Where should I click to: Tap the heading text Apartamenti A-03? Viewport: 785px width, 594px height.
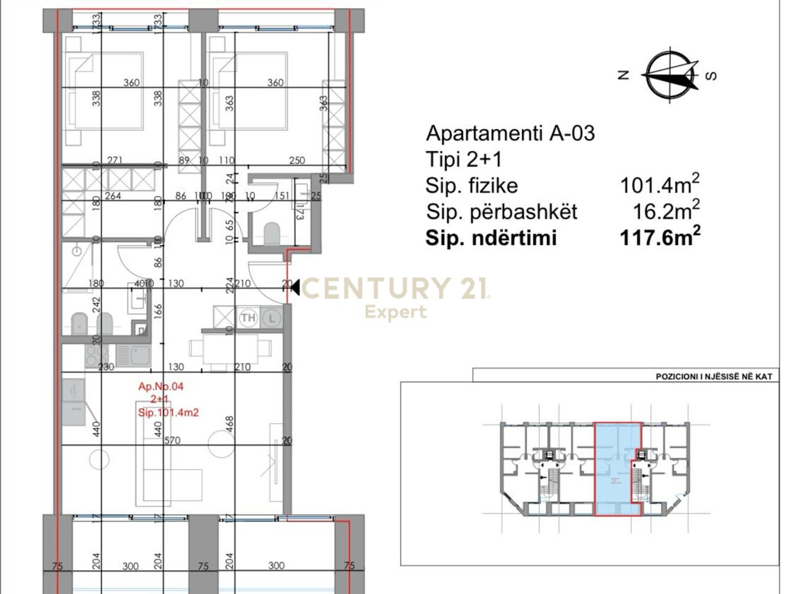(510, 133)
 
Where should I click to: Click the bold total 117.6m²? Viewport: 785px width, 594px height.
(660, 238)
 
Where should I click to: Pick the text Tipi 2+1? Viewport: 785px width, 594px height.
(464, 160)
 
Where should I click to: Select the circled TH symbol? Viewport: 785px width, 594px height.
(248, 318)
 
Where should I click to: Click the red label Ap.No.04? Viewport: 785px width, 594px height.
(161, 387)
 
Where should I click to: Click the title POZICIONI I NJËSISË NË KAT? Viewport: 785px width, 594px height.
(714, 376)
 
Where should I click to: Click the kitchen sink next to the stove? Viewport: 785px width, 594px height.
(132, 355)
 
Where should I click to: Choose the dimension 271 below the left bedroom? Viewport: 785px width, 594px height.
(114, 161)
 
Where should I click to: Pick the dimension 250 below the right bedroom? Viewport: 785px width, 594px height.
(297, 161)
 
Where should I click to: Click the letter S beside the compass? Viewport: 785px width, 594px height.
(711, 75)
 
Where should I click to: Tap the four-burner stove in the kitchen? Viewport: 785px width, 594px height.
(96, 356)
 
